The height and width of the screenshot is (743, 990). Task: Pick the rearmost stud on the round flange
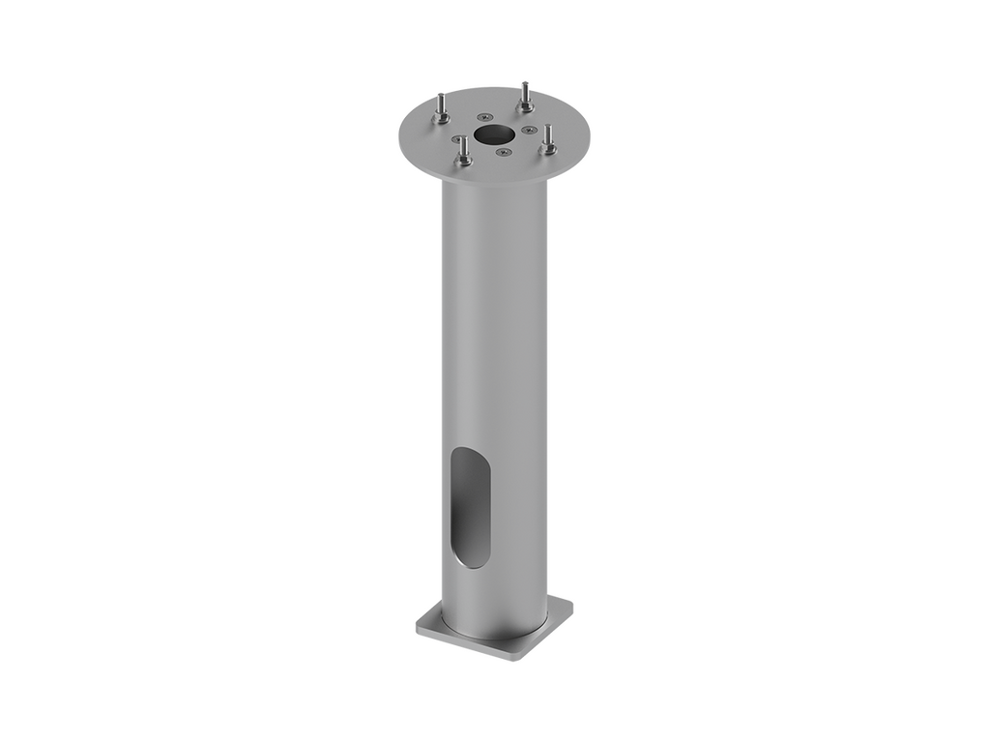[x=524, y=95]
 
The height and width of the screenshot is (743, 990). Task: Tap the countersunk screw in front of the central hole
[x=501, y=150]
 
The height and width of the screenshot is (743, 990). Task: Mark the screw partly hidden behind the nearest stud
[x=456, y=138]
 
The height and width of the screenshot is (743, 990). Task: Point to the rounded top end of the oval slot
[x=471, y=455]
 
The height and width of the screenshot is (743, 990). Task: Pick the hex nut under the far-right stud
[x=549, y=148]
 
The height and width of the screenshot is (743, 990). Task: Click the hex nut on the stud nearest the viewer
[x=463, y=162]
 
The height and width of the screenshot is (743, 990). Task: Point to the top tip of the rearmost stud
[x=523, y=83]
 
